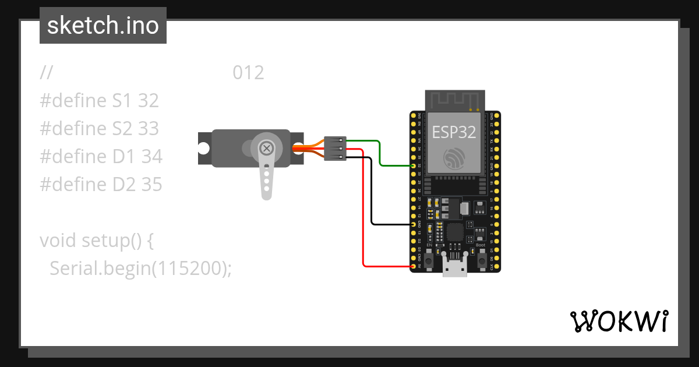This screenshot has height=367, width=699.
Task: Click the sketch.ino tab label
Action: pos(103,26)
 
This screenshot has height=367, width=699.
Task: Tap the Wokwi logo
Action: pos(618,321)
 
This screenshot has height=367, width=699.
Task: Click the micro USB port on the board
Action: pos(455,269)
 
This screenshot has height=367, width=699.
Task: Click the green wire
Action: pos(379,153)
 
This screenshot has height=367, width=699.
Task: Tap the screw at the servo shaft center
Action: pos(267,148)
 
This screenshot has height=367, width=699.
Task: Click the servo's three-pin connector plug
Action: pos(336,148)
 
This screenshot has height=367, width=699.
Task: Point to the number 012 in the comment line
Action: pos(248,73)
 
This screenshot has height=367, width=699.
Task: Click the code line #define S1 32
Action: pos(100,101)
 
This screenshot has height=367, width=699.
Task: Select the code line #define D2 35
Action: pos(101,185)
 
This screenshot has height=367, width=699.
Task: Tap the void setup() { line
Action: pos(96,240)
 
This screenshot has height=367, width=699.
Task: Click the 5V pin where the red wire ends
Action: pos(414,266)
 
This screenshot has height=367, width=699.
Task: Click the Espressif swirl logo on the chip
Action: pos(454,158)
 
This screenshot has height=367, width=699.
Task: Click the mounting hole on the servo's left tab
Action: pos(203,148)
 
